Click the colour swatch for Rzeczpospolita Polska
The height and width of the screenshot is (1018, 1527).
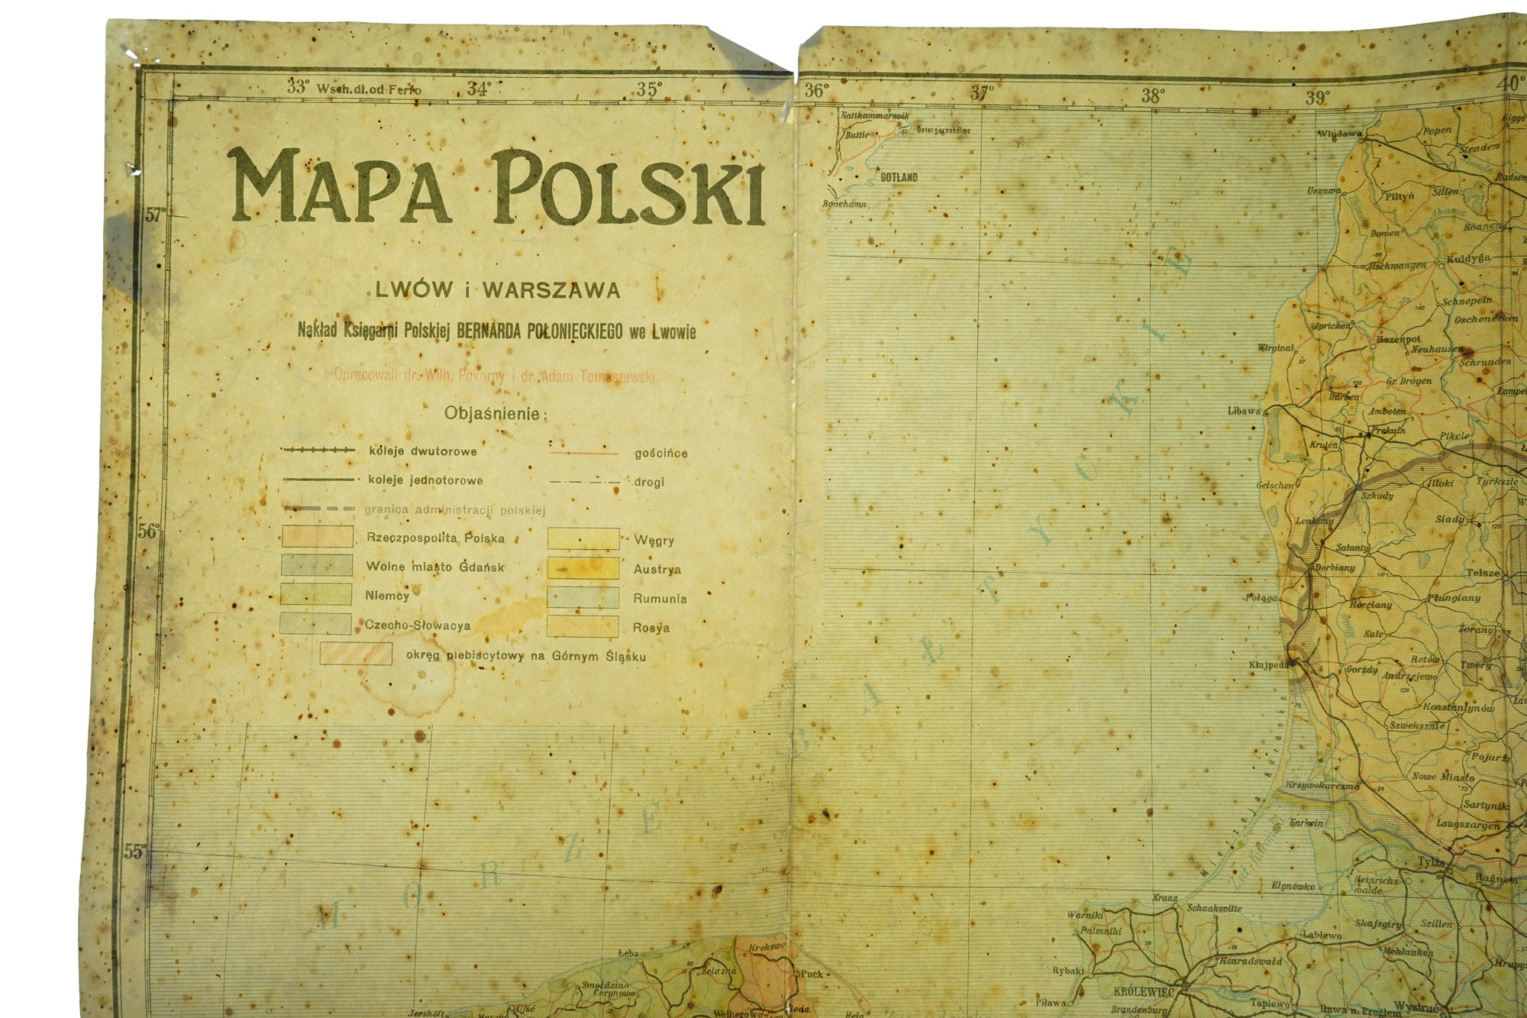pyautogui.click(x=318, y=536)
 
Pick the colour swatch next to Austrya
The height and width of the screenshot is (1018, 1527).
pyautogui.click(x=583, y=568)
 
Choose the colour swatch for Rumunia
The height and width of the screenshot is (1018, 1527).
pyautogui.click(x=583, y=597)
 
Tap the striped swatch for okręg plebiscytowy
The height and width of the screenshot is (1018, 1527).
pyautogui.click(x=356, y=654)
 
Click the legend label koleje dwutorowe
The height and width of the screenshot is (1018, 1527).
pyautogui.click(x=422, y=451)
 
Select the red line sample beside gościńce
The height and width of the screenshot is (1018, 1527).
pyautogui.click(x=583, y=453)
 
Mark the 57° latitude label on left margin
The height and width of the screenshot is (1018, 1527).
pyautogui.click(x=155, y=215)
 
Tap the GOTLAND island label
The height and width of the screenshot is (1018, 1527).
pyautogui.click(x=899, y=177)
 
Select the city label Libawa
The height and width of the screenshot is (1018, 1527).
pyautogui.click(x=1244, y=410)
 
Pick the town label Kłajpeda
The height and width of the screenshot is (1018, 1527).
pyautogui.click(x=1267, y=664)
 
